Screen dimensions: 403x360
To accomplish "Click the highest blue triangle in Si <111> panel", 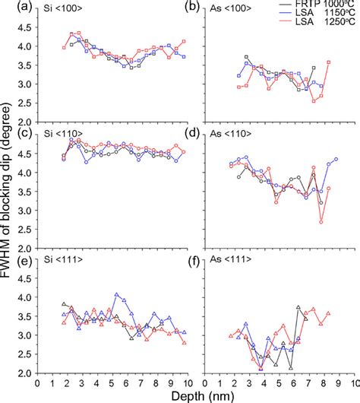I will click(x=116, y=294).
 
